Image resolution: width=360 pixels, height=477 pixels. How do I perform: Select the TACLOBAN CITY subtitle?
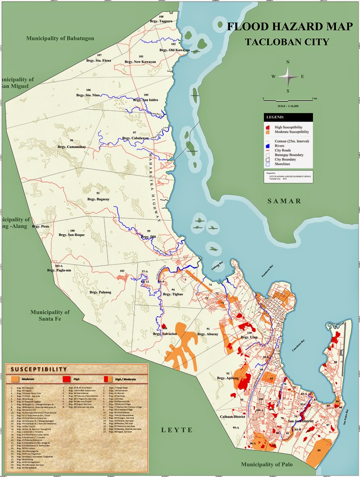(x=287, y=42)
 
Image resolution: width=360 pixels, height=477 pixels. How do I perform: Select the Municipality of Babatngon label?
(x=60, y=38)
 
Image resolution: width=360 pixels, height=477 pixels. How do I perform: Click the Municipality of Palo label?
(x=267, y=464)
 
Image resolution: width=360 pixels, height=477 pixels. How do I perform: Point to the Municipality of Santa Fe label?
(x=50, y=315)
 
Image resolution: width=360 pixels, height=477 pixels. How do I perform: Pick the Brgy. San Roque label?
(x=72, y=235)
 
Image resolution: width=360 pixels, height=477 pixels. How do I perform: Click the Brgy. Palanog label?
(x=100, y=292)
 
